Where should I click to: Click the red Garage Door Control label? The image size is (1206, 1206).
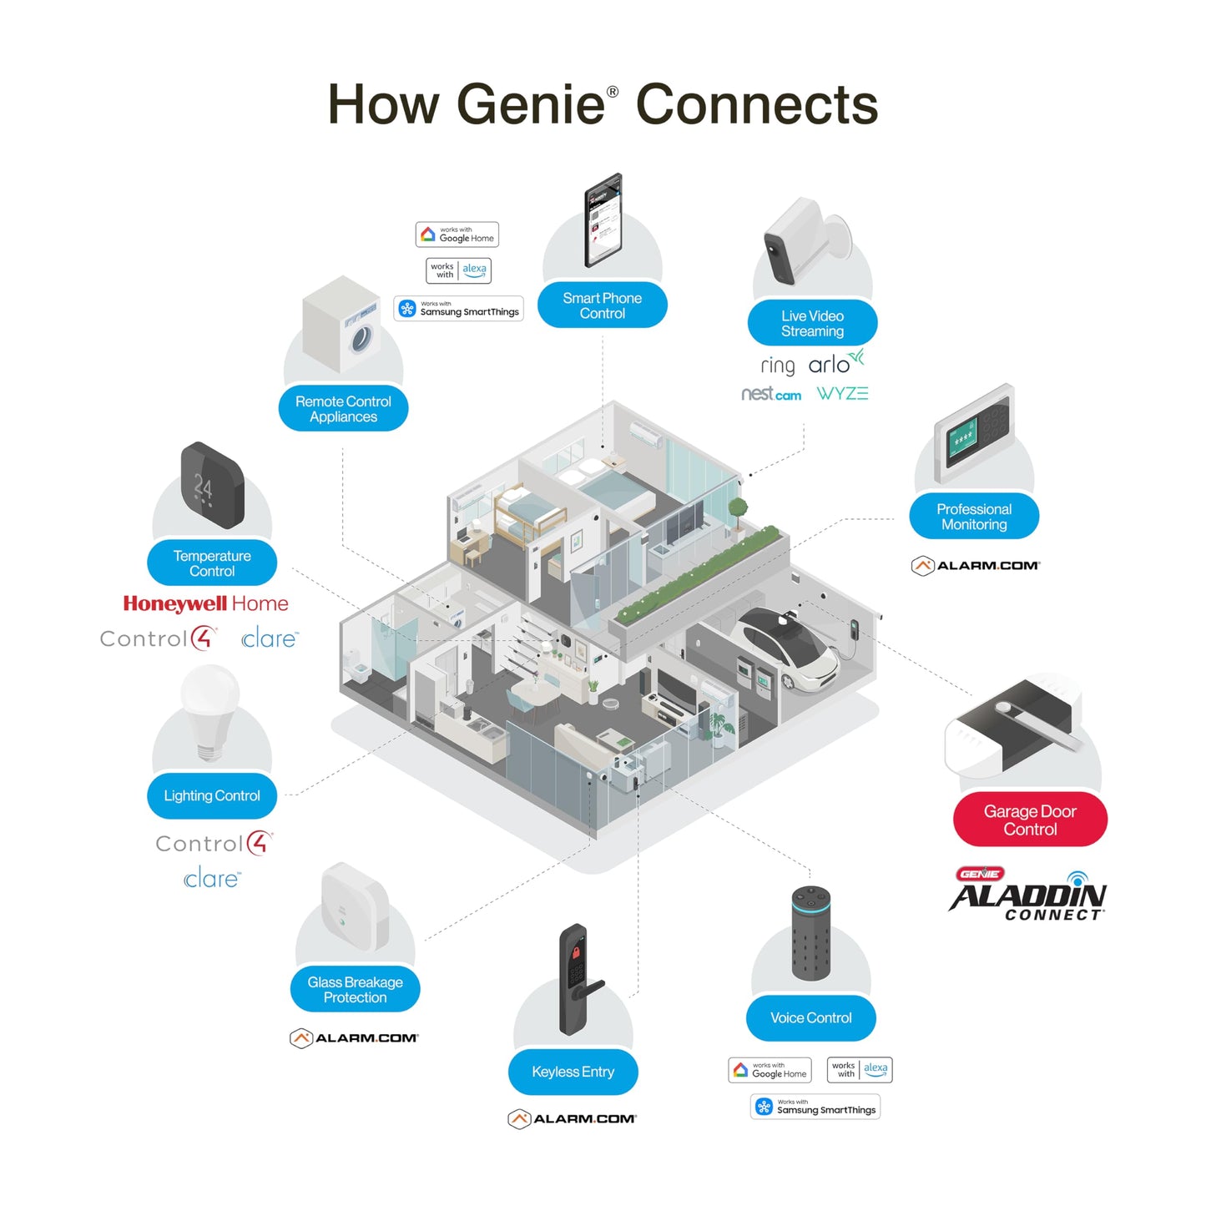coord(1030,820)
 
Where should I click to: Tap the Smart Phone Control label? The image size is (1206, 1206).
coord(602,305)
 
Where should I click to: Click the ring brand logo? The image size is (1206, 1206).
coord(778,366)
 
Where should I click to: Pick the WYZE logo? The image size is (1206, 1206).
coord(842,394)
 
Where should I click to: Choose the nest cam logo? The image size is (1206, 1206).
coord(771,394)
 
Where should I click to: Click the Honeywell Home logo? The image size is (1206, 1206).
coord(205,603)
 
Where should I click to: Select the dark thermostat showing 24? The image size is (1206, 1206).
coord(212,486)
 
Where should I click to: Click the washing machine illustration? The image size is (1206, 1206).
coord(342,325)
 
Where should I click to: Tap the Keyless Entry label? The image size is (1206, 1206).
coord(573,1072)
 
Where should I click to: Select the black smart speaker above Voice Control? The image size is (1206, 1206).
coord(810,933)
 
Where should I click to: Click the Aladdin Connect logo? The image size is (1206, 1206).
coord(1027,896)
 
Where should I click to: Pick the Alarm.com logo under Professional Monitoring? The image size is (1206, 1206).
coord(975,566)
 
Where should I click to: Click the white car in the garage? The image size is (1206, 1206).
coord(789,647)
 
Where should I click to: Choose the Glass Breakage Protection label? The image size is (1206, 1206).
coord(355,990)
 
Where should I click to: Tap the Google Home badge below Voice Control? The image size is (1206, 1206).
coord(770,1070)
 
